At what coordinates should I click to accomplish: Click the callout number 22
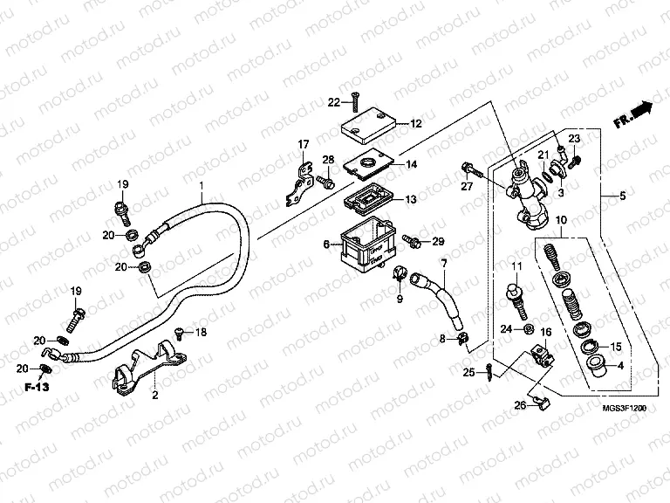pyautogui.click(x=333, y=103)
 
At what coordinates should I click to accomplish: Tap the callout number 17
pyautogui.click(x=304, y=144)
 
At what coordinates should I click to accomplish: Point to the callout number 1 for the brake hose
pyautogui.click(x=202, y=185)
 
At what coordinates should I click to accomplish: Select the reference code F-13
pyautogui.click(x=36, y=385)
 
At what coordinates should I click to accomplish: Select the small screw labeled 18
pyautogui.click(x=178, y=331)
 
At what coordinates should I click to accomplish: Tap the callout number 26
pyautogui.click(x=518, y=404)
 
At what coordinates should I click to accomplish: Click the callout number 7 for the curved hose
pyautogui.click(x=444, y=263)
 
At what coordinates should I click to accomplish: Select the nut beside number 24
pyautogui.click(x=530, y=330)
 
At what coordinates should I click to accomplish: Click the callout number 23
pyautogui.click(x=574, y=140)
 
